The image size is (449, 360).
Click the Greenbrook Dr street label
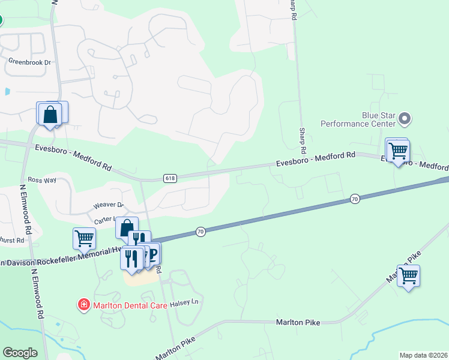29,61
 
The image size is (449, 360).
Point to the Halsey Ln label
186,302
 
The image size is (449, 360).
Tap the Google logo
20,353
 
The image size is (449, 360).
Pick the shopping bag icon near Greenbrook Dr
50,114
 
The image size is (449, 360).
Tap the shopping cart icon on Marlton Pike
408,276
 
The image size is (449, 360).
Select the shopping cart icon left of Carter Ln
84,238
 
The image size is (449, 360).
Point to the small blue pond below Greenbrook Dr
7,92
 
